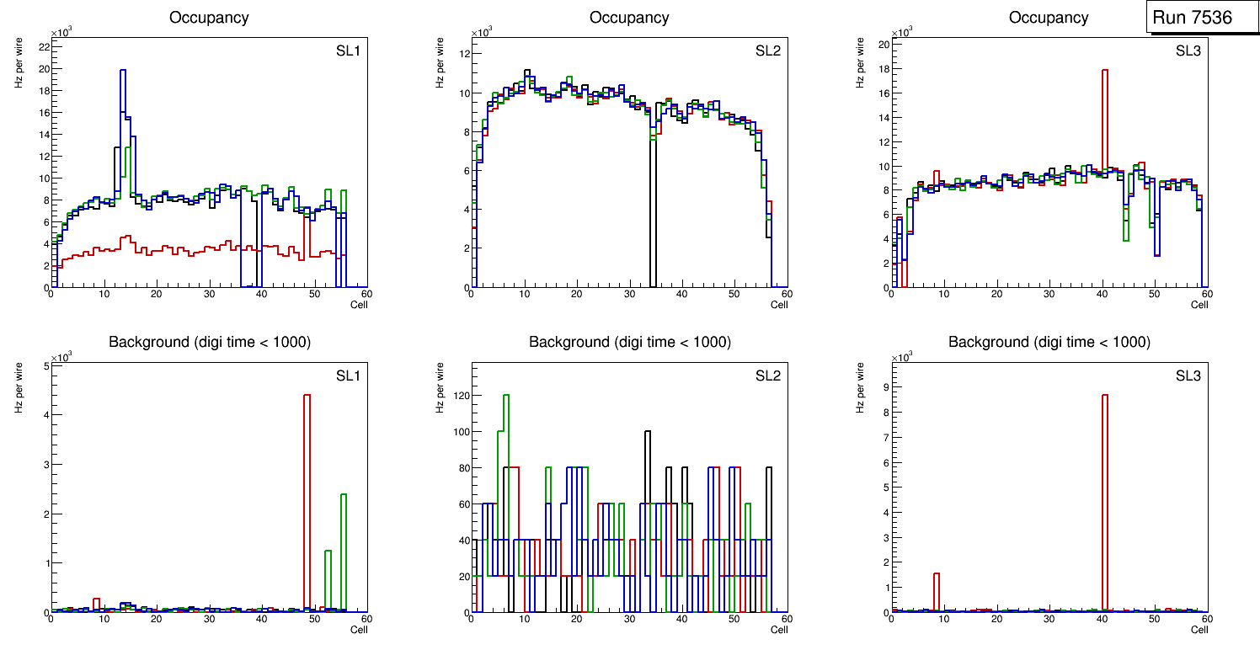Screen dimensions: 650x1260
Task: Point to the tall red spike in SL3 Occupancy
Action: point(1105,76)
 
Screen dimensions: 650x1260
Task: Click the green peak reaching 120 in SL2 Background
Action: point(506,400)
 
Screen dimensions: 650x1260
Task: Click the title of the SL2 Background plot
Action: point(629,342)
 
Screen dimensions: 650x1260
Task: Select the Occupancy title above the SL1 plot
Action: point(209,18)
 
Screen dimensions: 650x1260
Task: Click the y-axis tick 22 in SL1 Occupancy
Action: point(42,46)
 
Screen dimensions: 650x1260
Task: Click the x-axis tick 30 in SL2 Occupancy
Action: point(629,295)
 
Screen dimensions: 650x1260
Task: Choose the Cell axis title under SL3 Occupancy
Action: point(1199,305)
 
